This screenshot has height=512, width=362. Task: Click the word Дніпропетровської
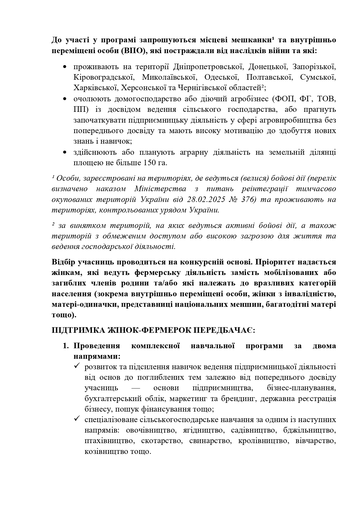tap(208, 67)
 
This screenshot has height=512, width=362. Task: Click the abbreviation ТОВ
tap(325, 99)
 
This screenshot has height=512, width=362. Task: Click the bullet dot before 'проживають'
tap(64, 67)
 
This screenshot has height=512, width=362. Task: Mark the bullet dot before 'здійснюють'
tap(64, 152)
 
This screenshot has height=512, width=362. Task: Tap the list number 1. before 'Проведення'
tap(66, 346)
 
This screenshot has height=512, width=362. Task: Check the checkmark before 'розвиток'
tap(77, 366)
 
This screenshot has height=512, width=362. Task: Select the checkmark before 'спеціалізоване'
tap(77, 419)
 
